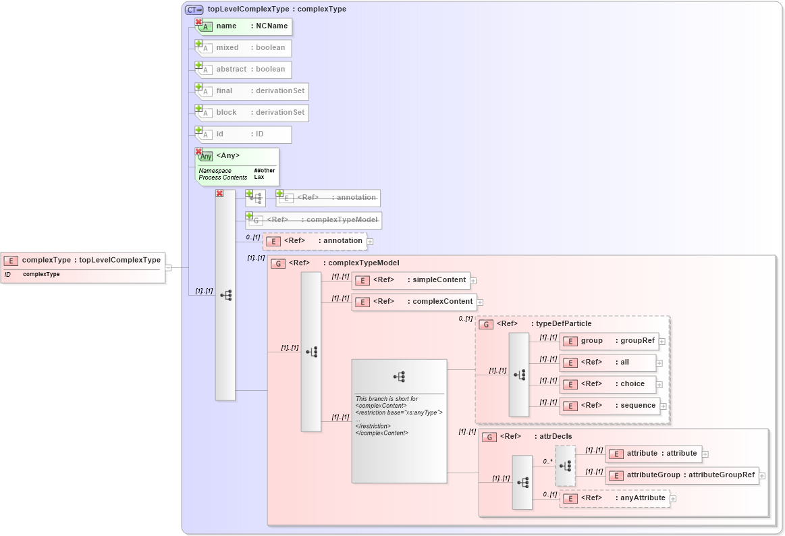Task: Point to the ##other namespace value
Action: (265, 171)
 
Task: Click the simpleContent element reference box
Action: (411, 280)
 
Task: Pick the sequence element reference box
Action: (610, 406)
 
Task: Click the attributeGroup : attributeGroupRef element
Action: (682, 475)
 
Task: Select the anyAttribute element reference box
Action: (615, 498)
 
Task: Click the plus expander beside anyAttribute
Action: (673, 499)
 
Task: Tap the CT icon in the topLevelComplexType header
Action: (194, 9)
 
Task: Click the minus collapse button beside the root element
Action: (168, 267)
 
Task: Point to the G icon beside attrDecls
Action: (489, 437)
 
